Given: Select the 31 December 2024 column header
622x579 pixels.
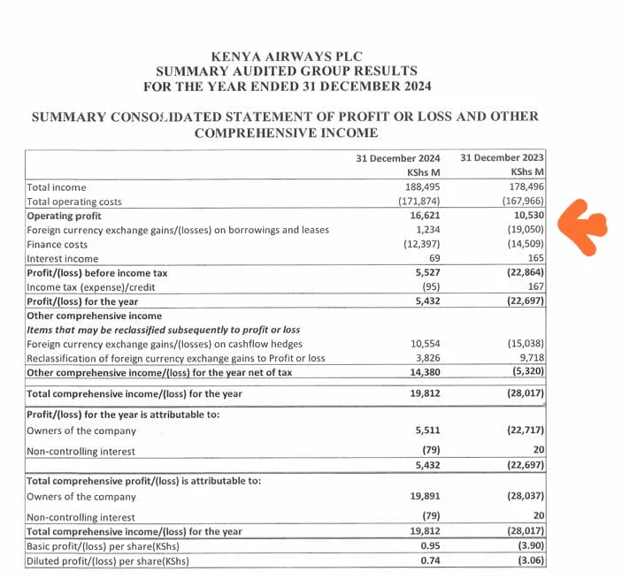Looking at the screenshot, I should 398,158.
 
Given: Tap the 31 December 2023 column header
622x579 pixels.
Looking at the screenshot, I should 503,158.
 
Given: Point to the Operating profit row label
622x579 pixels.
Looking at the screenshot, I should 63,216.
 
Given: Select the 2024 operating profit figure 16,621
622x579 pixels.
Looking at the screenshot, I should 424,216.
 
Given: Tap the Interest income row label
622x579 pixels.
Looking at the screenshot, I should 63,259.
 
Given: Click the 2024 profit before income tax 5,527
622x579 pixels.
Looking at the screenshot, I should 426,273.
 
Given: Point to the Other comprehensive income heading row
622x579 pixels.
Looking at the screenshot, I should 95,316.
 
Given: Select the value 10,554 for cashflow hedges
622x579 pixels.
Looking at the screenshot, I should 423,344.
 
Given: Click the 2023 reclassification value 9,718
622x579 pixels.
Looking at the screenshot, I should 528,358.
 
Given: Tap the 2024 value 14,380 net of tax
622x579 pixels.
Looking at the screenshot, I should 423,372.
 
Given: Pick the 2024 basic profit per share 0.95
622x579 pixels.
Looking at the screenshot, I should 428,545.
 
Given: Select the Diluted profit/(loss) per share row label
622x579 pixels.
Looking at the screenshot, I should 108,560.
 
